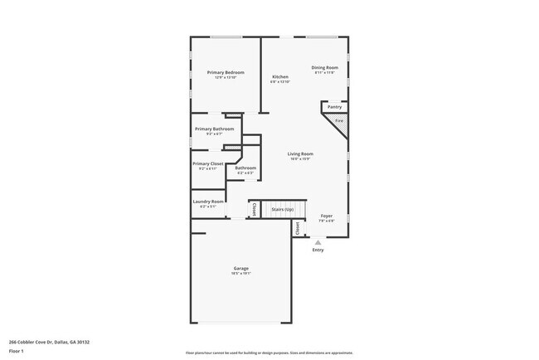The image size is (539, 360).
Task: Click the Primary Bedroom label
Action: pyautogui.click(x=226, y=74)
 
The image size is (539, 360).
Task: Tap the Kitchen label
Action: pyautogui.click(x=280, y=79)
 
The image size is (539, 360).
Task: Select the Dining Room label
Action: pyautogui.click(x=324, y=69)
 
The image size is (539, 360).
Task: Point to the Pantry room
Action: pyautogui.click(x=334, y=107)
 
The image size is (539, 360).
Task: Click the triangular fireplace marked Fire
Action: pyautogui.click(x=338, y=121)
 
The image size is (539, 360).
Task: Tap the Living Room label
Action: pyautogui.click(x=299, y=155)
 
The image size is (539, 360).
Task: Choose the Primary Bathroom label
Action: pyautogui.click(x=214, y=130)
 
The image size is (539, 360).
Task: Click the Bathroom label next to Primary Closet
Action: pyautogui.click(x=245, y=169)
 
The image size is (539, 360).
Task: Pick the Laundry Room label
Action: pyautogui.click(x=208, y=202)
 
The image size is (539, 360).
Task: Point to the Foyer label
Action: pyautogui.click(x=327, y=217)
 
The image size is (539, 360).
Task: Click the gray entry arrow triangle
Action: pyautogui.click(x=318, y=241)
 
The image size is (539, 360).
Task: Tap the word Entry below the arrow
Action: pyautogui.click(x=318, y=250)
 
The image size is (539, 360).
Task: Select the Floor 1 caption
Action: pyautogui.click(x=17, y=351)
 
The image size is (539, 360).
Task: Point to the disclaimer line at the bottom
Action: pyautogui.click(x=269, y=353)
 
